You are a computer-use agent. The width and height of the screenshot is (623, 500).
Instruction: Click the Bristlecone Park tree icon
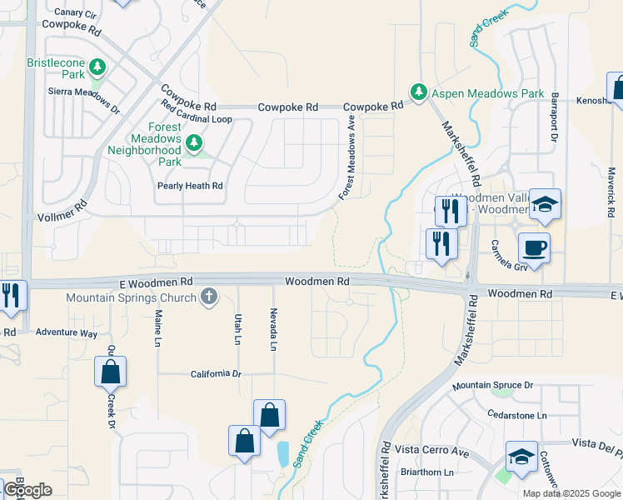[97, 66]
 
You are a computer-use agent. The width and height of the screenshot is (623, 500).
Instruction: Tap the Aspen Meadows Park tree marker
[418, 91]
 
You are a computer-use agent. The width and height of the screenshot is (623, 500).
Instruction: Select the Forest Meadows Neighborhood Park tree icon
[194, 143]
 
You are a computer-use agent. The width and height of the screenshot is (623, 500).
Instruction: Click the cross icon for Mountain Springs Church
[208, 296]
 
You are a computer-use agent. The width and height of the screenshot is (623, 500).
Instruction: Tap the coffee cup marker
[534, 247]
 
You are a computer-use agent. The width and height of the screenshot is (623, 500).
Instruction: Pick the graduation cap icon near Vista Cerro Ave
[521, 457]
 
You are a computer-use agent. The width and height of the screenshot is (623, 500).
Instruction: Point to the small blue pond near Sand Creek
[283, 454]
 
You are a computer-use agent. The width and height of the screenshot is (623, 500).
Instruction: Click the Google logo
[27, 490]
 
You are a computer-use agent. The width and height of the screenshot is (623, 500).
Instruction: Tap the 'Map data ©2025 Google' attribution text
[571, 493]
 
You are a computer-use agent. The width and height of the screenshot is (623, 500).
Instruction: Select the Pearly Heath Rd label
[191, 186]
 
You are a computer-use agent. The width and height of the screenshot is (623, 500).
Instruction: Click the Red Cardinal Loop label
[197, 118]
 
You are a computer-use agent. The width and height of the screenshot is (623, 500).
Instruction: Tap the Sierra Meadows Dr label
[85, 100]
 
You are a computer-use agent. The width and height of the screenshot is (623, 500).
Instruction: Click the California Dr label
[215, 373]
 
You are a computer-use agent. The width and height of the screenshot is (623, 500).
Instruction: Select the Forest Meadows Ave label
[347, 157]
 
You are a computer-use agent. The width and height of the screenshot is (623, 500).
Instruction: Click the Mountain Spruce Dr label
[492, 386]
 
